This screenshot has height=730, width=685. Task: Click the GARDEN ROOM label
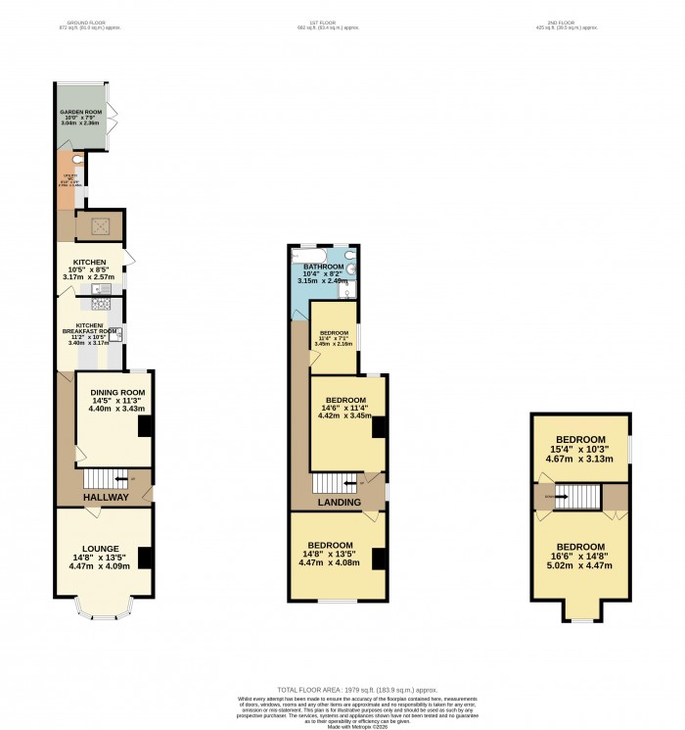(x=80, y=114)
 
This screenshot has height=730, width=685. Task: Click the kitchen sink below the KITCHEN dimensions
(x=98, y=290)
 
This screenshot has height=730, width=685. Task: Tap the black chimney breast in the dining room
(x=145, y=426)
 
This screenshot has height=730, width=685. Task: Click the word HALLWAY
(x=105, y=498)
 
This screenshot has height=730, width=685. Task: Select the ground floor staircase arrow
(x=122, y=478)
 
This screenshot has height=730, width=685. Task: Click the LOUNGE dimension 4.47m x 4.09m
(x=101, y=565)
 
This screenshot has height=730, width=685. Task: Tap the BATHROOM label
(x=323, y=267)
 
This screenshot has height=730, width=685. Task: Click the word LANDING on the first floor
(x=338, y=502)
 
